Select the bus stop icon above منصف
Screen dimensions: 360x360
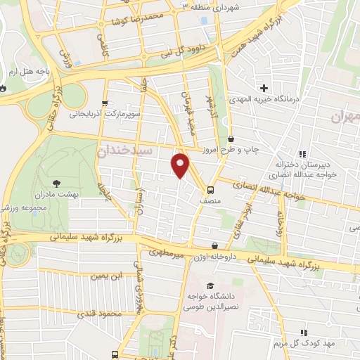tap(210, 189)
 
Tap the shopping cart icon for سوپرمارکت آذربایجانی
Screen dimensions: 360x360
tap(105, 103)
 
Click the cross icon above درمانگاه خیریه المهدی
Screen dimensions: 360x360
tap(264, 88)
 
